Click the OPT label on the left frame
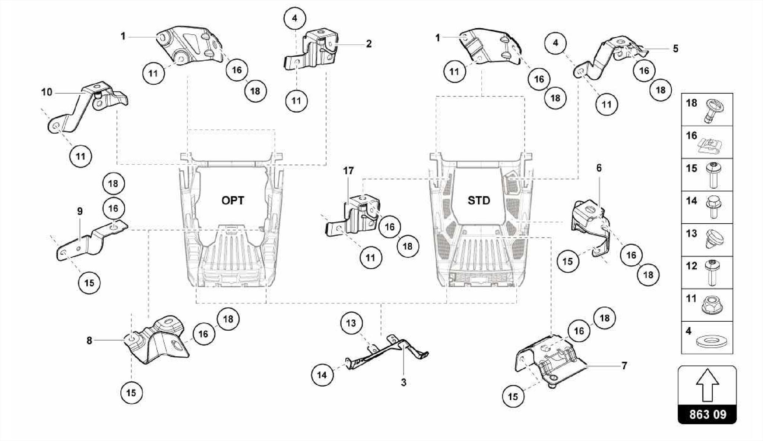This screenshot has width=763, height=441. tap(233, 201)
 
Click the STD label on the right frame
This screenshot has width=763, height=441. tap(479, 201)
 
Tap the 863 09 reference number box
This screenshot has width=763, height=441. tap(707, 414)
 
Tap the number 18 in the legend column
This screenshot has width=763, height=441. tap(691, 103)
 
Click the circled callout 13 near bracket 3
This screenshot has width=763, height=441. tap(351, 323)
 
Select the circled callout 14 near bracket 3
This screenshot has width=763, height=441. tap(322, 375)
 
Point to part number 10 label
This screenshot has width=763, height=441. tap(47, 92)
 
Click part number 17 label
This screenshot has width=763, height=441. tap(348, 171)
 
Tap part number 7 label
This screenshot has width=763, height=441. tap(624, 366)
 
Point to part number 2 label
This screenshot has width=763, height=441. tap(368, 44)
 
